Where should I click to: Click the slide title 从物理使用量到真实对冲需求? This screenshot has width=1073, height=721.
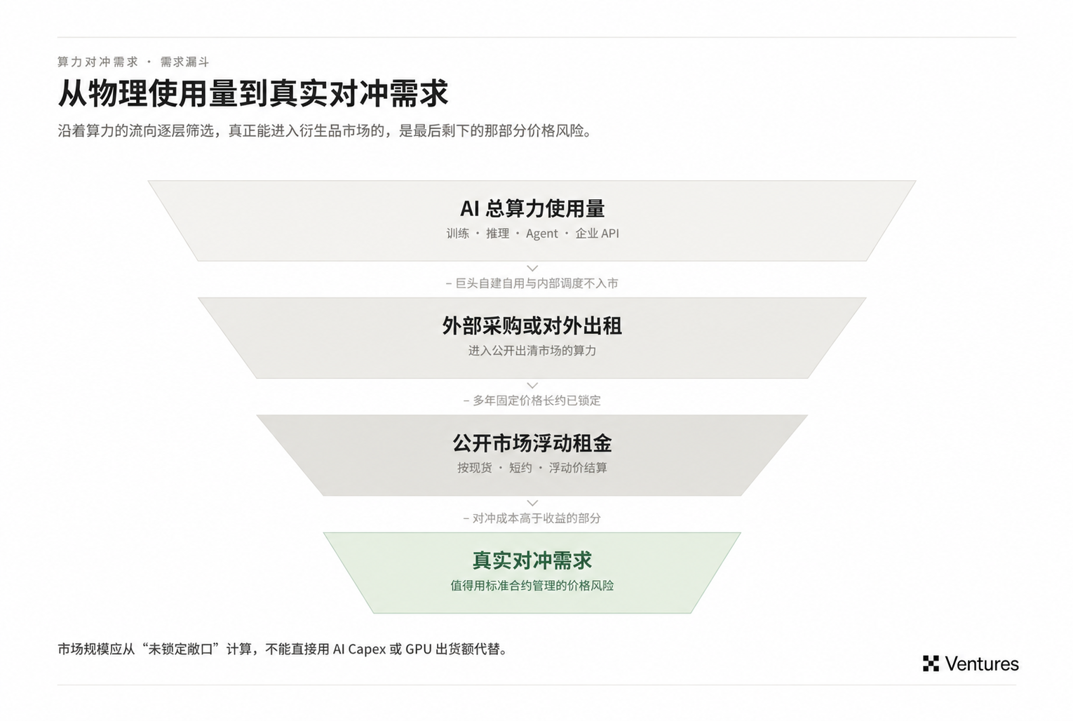coord(253,93)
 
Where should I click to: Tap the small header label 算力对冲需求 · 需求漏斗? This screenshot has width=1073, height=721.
coord(133,62)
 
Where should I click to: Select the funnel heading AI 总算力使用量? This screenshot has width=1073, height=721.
coord(532,208)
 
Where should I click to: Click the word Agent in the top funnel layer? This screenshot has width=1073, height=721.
coord(542,234)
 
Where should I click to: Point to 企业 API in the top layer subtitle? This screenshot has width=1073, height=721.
coord(598,234)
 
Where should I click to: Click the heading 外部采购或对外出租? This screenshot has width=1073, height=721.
coord(532,325)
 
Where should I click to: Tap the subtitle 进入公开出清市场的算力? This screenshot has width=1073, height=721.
coord(532,351)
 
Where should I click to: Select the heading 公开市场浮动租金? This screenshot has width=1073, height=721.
coord(532,443)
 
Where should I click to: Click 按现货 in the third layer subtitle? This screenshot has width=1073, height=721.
coord(474,468)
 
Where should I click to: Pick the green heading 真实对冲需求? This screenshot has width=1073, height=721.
coord(532,560)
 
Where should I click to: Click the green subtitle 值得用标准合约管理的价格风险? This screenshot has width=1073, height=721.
coord(532,586)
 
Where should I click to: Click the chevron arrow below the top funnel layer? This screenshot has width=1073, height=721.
coord(532,269)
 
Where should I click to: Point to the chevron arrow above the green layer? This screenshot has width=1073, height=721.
coord(532,503)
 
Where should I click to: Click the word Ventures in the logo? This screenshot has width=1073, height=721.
coord(982,664)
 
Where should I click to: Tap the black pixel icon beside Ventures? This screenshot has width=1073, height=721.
coord(931,663)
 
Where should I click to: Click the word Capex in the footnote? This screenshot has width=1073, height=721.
coord(367,649)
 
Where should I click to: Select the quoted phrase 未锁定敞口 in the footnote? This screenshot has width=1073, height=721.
coord(181,649)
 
